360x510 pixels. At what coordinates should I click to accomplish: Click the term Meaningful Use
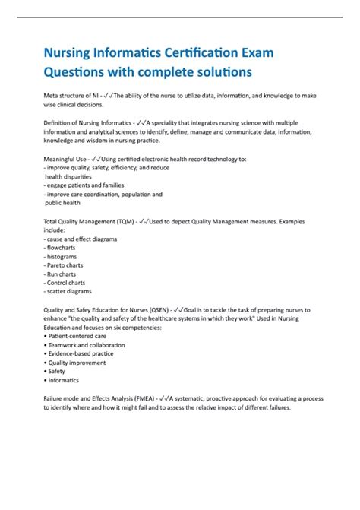pos(64,158)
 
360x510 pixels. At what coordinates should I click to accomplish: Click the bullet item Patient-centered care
pos(76,336)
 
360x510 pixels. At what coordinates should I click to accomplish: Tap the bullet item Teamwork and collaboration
pos(87,345)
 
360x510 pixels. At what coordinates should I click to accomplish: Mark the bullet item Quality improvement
pos(78,363)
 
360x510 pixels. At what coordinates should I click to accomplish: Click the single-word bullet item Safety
pos(58,372)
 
